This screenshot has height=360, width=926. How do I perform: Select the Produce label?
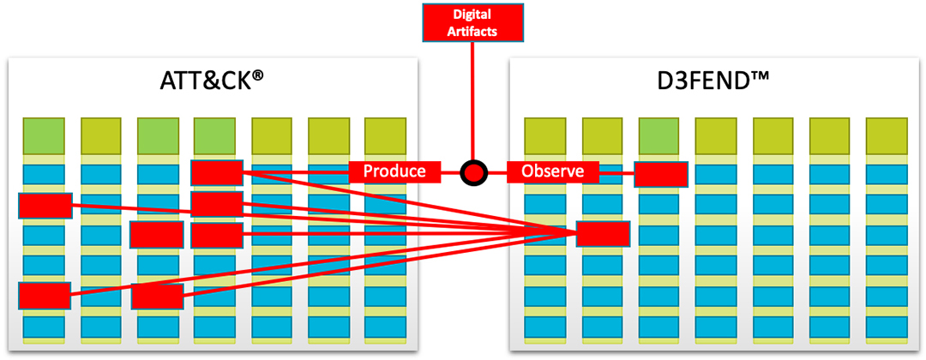(394, 171)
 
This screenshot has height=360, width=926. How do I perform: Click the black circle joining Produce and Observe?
(472, 172)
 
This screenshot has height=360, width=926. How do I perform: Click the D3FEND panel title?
(713, 82)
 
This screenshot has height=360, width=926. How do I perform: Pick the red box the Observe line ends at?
(660, 174)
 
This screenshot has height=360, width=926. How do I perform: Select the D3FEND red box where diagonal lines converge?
(603, 233)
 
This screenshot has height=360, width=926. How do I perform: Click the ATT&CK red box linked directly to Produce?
(217, 172)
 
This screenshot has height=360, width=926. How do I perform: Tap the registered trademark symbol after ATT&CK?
(257, 78)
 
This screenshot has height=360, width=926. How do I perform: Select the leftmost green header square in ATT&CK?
(44, 135)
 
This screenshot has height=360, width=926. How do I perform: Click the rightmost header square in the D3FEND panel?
(887, 135)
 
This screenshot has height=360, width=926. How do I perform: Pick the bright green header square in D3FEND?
(660, 135)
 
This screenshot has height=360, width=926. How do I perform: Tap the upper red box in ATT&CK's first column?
(45, 206)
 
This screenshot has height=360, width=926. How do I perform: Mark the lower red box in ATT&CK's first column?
(44, 296)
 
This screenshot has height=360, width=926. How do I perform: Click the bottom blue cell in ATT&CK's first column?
(44, 327)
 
